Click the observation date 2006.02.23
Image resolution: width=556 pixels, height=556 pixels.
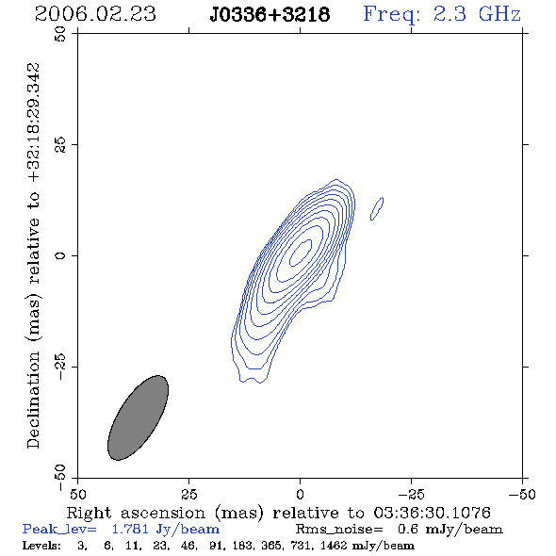(95, 14)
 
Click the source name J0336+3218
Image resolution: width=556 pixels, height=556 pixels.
(270, 15)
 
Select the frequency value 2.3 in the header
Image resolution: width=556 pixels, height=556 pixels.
(450, 14)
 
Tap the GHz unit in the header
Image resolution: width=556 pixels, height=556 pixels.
(499, 14)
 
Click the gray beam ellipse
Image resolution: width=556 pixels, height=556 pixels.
(138, 417)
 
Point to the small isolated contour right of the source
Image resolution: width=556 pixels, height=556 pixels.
(377, 208)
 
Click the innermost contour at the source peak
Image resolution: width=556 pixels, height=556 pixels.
(301, 253)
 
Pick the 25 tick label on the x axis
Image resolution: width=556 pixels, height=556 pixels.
(188, 495)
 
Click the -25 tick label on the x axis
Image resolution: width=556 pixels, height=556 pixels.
(411, 495)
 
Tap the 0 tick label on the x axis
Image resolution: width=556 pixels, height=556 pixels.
(300, 495)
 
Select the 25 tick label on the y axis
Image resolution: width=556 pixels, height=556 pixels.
(60, 145)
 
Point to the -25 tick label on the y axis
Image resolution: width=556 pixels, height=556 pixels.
(60, 367)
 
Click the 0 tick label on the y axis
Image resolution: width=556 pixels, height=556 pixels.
(60, 255)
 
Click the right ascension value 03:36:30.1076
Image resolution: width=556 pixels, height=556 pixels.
(432, 513)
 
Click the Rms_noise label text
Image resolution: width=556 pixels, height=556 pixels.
(339, 530)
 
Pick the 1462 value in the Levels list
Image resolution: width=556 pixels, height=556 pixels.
(334, 545)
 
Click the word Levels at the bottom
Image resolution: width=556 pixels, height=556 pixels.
(41, 545)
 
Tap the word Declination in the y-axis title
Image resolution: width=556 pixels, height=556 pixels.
(33, 400)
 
